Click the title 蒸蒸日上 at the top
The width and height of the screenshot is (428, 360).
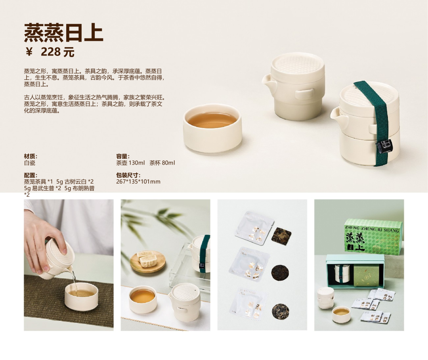63,33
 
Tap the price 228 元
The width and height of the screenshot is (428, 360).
57,52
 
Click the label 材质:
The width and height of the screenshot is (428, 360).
31,156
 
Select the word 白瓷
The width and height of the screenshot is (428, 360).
29,163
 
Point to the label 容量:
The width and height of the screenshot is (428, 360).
123,156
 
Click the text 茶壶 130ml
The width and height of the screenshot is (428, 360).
130,163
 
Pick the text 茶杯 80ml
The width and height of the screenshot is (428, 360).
162,163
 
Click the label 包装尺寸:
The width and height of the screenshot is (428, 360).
128,175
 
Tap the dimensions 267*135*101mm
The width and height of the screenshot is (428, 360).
138,182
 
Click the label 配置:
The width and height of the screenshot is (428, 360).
31,175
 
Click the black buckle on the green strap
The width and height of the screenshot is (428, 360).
384,146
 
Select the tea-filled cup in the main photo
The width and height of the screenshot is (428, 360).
212,128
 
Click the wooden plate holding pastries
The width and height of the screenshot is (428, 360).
148,262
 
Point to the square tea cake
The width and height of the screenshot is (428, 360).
281,235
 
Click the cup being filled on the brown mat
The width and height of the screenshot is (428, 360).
81,296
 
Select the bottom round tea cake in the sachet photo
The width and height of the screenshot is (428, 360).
280,311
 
